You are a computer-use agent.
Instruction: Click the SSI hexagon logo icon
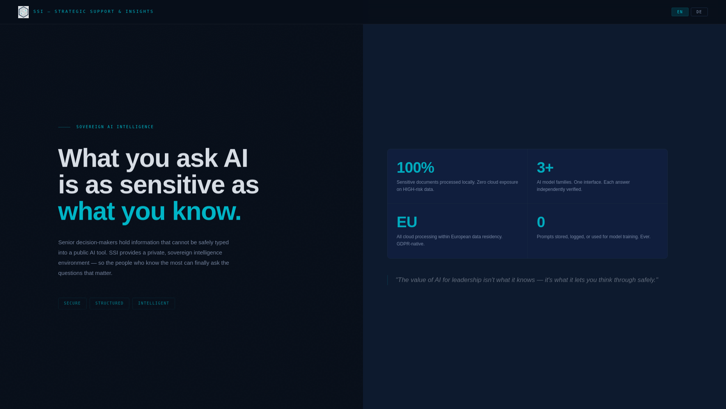23,12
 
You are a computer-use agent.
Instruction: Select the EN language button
680,12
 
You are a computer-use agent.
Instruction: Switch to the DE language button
699,12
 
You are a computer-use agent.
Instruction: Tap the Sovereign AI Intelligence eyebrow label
115,127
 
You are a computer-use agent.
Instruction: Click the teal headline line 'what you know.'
149,211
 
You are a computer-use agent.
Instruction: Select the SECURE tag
72,303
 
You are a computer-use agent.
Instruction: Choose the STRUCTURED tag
109,303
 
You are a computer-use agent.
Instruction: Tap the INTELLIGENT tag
154,303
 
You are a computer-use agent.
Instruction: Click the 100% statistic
415,168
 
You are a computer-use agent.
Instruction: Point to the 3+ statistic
545,168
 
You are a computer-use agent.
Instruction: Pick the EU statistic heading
406,222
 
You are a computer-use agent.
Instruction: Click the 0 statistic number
541,222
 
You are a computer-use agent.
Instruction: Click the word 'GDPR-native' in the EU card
410,244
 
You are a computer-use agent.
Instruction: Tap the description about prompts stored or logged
593,237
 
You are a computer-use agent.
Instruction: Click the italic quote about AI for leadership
526,280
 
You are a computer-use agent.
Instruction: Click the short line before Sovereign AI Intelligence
64,127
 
